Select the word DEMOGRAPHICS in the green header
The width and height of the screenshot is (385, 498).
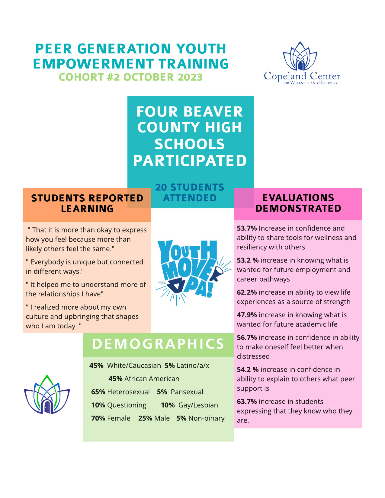158,344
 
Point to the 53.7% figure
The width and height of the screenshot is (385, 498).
247,228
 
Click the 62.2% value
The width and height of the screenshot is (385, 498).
247,292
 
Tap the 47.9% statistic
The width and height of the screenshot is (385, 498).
247,315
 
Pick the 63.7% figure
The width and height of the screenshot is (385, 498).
247,402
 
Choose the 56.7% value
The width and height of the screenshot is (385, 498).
247,338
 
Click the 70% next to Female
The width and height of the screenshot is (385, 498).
98,419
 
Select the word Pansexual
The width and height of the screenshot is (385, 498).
187,392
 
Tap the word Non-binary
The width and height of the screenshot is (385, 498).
206,419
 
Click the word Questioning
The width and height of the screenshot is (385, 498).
127,405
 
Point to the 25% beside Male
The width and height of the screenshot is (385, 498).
145,419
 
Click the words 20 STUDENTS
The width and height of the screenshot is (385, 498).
190,187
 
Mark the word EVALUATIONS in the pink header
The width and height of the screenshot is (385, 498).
298,198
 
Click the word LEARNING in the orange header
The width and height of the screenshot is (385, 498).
87,209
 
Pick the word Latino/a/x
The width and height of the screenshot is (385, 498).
193,366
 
